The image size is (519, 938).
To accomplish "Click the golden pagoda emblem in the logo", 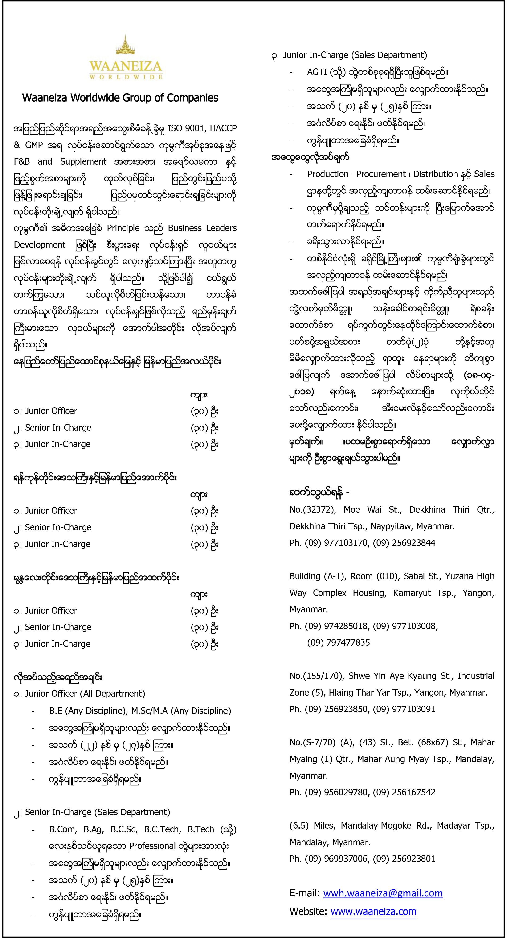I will tap(126, 47).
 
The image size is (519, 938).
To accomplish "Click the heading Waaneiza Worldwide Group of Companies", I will tap(120, 98).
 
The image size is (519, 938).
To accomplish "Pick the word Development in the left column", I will tap(40, 245).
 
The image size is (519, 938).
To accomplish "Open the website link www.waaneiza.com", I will tap(373, 911).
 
